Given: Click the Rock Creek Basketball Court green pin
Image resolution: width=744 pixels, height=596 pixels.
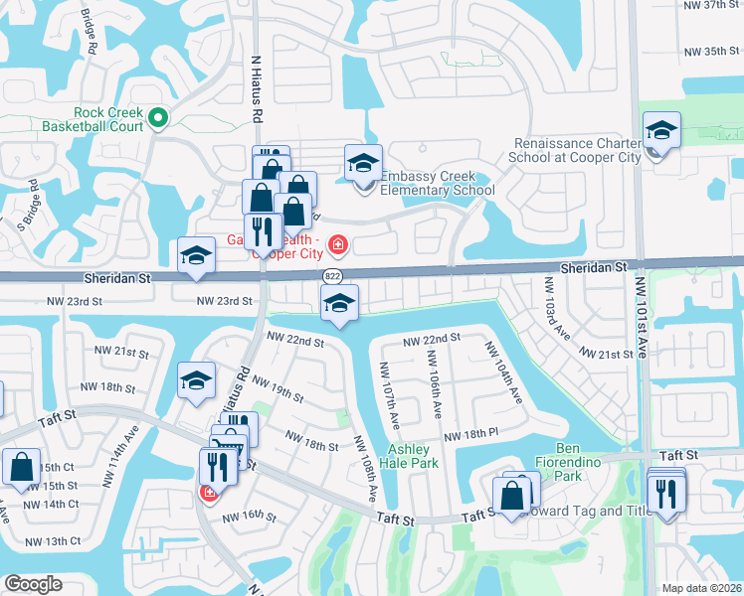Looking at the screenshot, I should (x=157, y=120).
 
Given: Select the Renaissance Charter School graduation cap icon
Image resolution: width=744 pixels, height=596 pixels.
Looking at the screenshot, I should (x=660, y=132).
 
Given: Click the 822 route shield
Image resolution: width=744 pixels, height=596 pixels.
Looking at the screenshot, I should (x=332, y=275).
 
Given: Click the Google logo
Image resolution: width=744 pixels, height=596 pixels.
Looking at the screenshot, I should (x=33, y=584).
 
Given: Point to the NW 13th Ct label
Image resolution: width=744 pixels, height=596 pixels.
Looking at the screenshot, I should (x=56, y=541).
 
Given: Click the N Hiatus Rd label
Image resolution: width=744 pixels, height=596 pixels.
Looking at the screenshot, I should (x=256, y=88).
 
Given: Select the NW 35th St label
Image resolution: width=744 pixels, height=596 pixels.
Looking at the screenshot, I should (x=714, y=52).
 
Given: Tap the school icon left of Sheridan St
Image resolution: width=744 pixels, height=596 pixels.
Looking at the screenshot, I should (x=196, y=256).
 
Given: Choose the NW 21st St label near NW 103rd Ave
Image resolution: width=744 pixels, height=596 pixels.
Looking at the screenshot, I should (x=607, y=355).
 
